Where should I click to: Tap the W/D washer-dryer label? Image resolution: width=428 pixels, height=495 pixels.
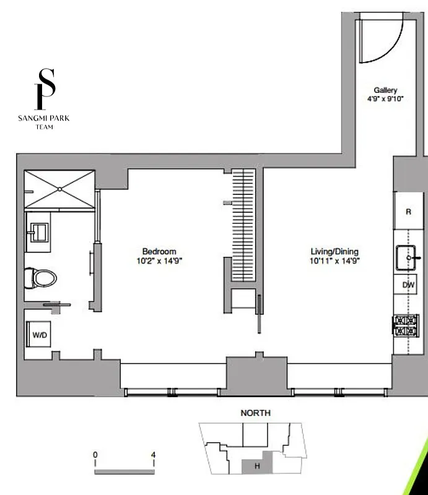tap(40, 335)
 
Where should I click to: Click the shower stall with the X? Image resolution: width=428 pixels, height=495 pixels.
tap(59, 189)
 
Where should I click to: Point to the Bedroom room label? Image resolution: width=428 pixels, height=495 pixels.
tap(159, 251)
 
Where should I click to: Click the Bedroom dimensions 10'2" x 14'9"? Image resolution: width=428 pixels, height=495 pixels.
tap(159, 260)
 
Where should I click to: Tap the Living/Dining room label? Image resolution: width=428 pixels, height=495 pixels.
tap(334, 251)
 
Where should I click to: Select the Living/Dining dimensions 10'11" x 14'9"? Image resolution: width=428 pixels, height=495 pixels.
tap(334, 260)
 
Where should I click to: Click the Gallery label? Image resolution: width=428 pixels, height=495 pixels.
tap(385, 90)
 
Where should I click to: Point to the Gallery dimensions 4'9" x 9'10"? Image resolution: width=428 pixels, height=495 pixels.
tap(385, 98)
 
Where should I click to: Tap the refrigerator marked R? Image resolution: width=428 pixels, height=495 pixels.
tap(408, 212)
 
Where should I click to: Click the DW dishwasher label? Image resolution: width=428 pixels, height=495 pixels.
tap(408, 285)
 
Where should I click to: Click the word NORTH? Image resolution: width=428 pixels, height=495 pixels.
tap(255, 413)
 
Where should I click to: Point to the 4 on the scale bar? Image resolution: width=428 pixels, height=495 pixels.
tap(152, 455)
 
